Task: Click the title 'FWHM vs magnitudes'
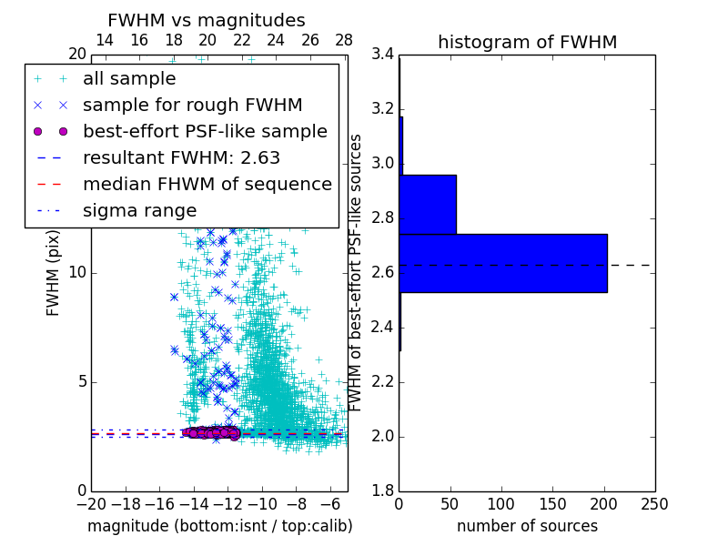(206, 20)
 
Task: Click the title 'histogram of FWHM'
(527, 42)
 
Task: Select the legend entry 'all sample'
(129, 79)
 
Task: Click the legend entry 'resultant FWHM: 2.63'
(181, 157)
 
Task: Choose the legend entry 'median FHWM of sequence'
(207, 184)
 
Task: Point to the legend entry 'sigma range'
(139, 210)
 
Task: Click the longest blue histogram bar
(502, 263)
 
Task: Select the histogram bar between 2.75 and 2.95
(428, 205)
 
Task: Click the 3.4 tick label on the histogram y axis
(383, 55)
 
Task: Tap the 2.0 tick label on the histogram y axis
(383, 437)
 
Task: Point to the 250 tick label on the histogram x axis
(654, 504)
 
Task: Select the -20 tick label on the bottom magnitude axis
(91, 504)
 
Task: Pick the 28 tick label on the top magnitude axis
(344, 40)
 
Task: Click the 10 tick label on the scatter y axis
(76, 273)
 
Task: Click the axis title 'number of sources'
(527, 526)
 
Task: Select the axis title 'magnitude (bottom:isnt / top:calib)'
(219, 526)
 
